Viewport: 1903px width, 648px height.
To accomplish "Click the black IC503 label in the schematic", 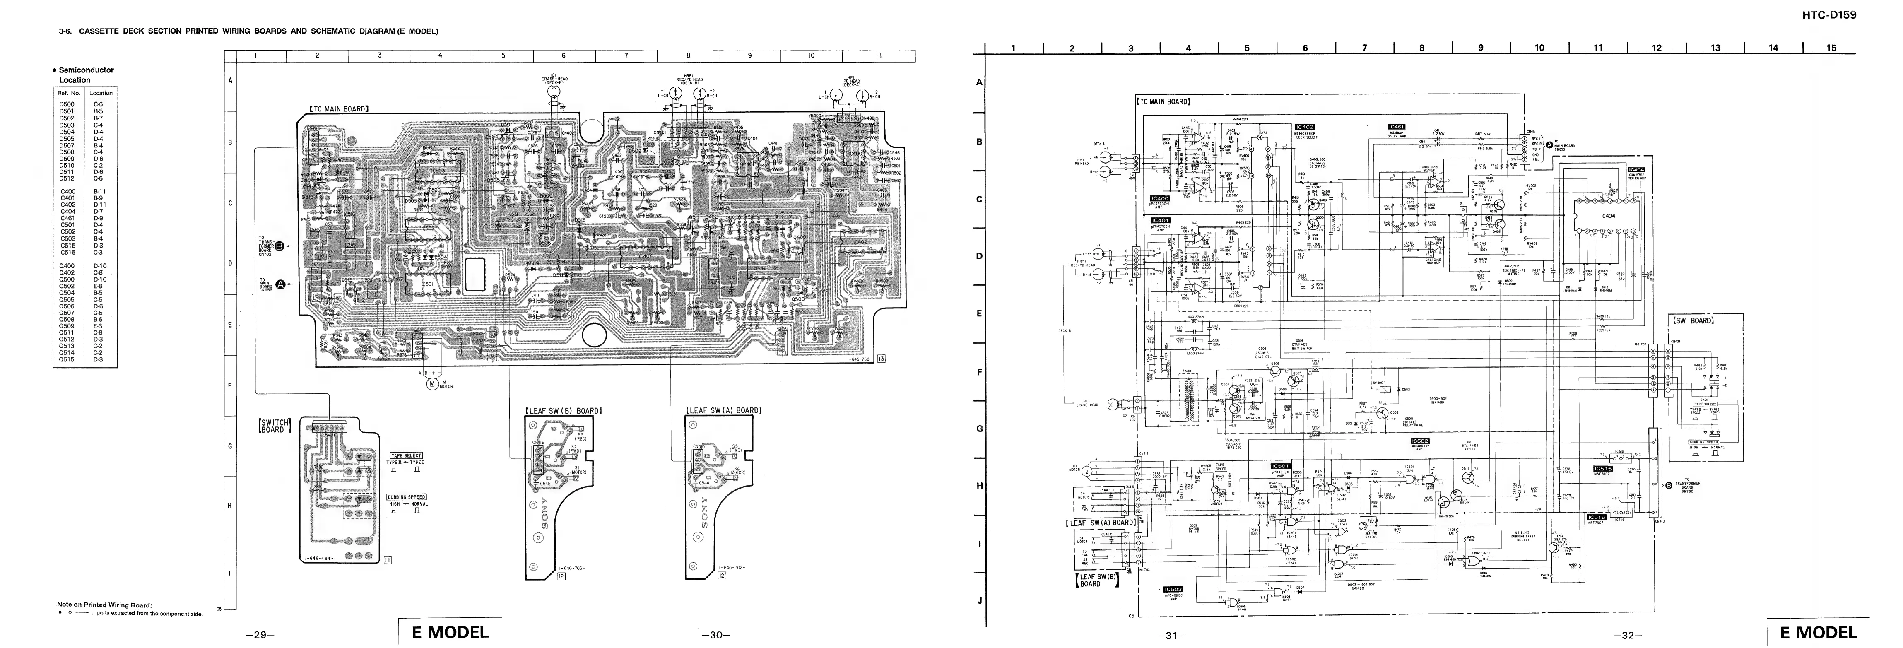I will pyautogui.click(x=1172, y=589).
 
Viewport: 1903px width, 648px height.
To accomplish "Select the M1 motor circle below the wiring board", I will pyautogui.click(x=432, y=382).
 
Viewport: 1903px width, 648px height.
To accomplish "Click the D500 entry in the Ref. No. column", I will pyautogui.click(x=67, y=105).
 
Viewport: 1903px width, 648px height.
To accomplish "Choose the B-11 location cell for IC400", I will pyautogui.click(x=99, y=191).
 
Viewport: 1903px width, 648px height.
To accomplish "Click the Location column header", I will pyautogui.click(x=101, y=93).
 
